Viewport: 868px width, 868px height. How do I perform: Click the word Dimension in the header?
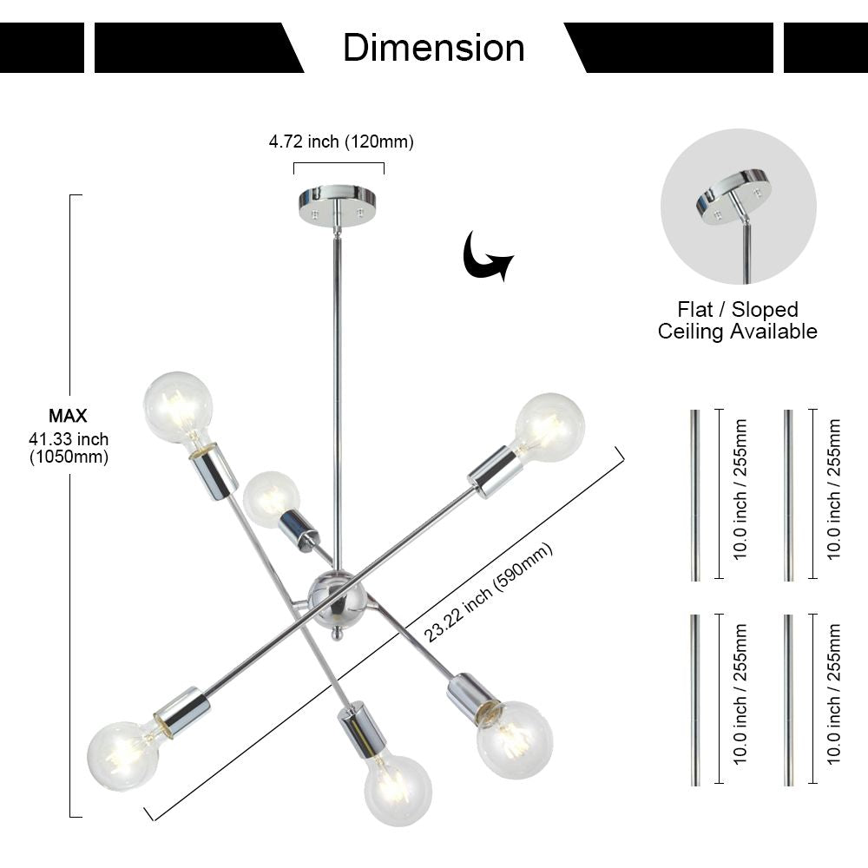pyautogui.click(x=433, y=48)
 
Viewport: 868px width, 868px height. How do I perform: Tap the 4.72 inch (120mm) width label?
pyautogui.click(x=340, y=141)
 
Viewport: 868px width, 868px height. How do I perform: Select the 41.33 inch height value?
pyautogui.click(x=68, y=440)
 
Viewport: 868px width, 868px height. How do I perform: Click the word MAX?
pyautogui.click(x=68, y=417)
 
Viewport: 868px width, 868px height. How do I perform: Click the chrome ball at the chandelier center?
pyautogui.click(x=338, y=598)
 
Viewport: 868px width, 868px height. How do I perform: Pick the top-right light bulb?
pyautogui.click(x=549, y=426)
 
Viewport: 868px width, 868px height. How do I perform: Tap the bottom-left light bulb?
pyautogui.click(x=124, y=754)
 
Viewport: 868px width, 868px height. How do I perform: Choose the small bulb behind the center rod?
pyautogui.click(x=271, y=496)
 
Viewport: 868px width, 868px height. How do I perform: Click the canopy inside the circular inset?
pyautogui.click(x=733, y=195)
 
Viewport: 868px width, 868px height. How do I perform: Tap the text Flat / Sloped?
pyautogui.click(x=737, y=310)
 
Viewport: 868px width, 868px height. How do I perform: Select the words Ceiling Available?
pyautogui.click(x=737, y=331)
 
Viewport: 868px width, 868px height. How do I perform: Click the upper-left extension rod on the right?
pyautogui.click(x=694, y=495)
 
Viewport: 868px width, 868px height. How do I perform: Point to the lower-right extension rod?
pyautogui.click(x=788, y=700)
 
